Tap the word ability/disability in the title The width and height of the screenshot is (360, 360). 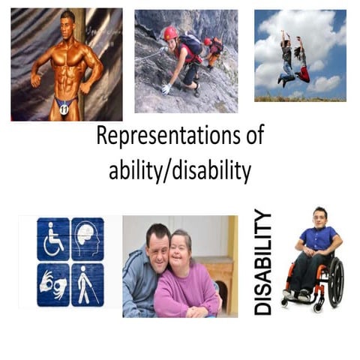point(179,172)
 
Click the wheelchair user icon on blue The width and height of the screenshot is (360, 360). point(52,239)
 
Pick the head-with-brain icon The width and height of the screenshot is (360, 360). point(88,239)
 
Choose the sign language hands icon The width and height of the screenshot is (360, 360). point(52,283)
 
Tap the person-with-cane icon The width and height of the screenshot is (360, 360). point(88,283)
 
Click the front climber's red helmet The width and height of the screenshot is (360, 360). point(170,34)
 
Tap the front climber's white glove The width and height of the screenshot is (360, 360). point(166,88)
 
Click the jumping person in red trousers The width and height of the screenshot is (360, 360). point(301,61)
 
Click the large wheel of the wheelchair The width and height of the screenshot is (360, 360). point(335,281)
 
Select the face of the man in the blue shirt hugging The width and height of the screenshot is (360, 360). point(157,244)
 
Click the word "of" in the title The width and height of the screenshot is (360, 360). point(253,138)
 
